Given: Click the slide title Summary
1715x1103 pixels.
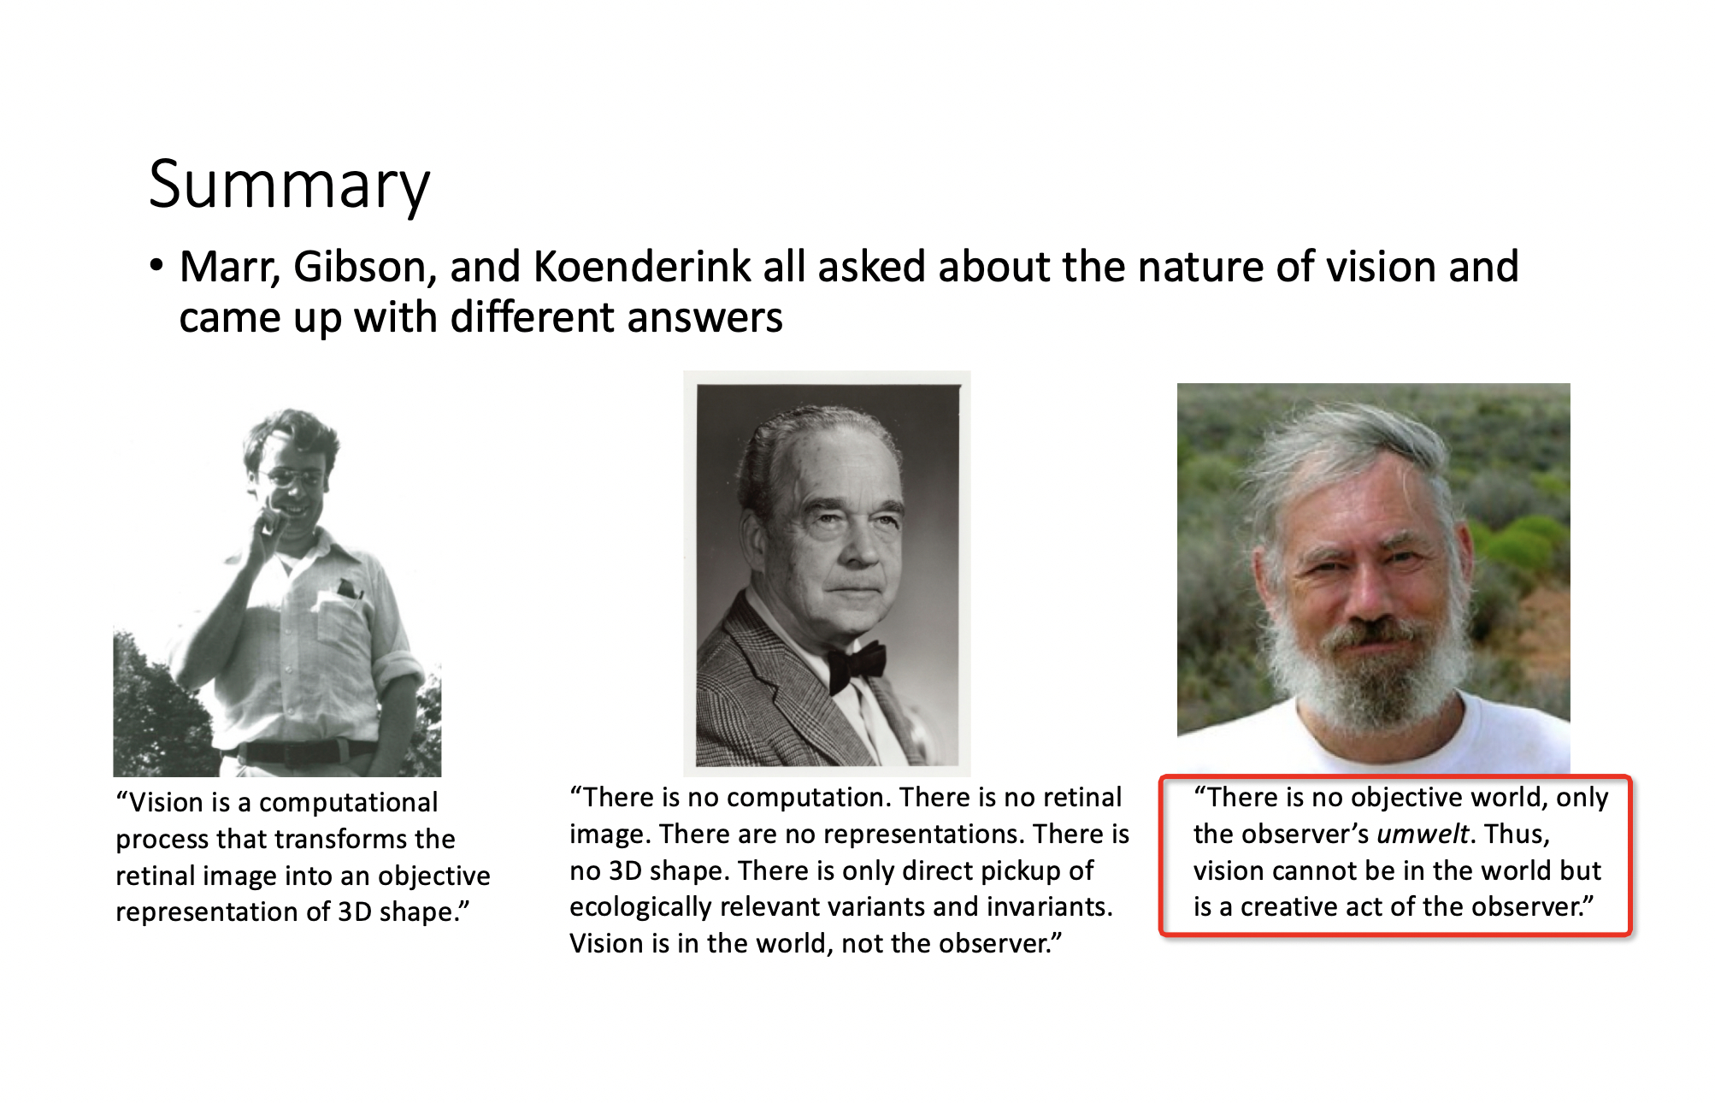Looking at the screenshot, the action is [x=289, y=186].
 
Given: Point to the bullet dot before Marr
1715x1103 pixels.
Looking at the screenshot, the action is [x=156, y=266].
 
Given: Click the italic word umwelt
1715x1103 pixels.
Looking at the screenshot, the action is [x=1423, y=834].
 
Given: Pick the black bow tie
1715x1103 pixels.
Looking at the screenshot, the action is [x=856, y=664].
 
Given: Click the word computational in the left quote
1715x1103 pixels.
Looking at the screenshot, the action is [x=348, y=804].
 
